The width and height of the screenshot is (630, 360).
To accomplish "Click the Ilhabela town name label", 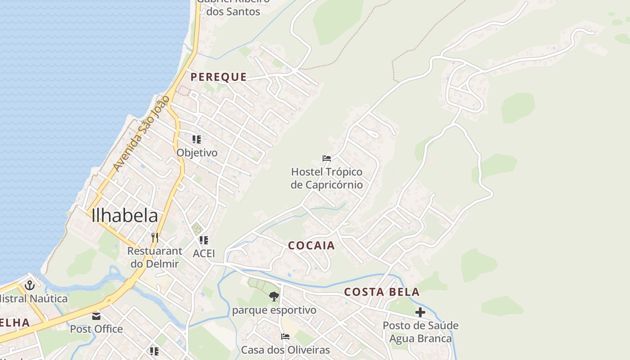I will pos(125,216).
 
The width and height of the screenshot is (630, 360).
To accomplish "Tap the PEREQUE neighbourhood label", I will pos(219,77).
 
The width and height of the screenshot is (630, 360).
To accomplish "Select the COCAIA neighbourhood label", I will pos(311,245).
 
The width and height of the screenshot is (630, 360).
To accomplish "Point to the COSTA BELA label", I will pos(382,292).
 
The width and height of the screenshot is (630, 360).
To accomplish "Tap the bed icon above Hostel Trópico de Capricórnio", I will pos(327,158).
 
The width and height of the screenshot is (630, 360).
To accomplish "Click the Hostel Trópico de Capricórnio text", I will pos(327,178).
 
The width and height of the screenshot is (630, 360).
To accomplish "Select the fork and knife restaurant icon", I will pos(155,237).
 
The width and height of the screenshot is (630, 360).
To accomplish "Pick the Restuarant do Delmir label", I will pos(155,257).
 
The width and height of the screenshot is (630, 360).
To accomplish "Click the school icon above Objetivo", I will pos(197,139).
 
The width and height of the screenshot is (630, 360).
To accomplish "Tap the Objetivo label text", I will pos(197,153).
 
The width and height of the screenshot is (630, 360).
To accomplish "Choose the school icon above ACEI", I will pos(204,240).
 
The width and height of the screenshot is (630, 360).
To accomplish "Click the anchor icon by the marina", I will pos(30,285).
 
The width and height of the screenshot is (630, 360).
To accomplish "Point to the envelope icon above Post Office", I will pos(96,316).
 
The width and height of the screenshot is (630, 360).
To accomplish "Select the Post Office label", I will pos(96,329).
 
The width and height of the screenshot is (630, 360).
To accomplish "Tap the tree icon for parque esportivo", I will pos(274,297).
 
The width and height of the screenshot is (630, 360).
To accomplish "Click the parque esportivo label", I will pos(274,310).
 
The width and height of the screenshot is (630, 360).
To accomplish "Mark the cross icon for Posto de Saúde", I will pos(420,312).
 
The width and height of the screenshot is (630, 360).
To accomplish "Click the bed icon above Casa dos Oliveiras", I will pos(285,337).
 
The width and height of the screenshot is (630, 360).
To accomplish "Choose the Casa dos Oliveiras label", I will pos(285,350).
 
